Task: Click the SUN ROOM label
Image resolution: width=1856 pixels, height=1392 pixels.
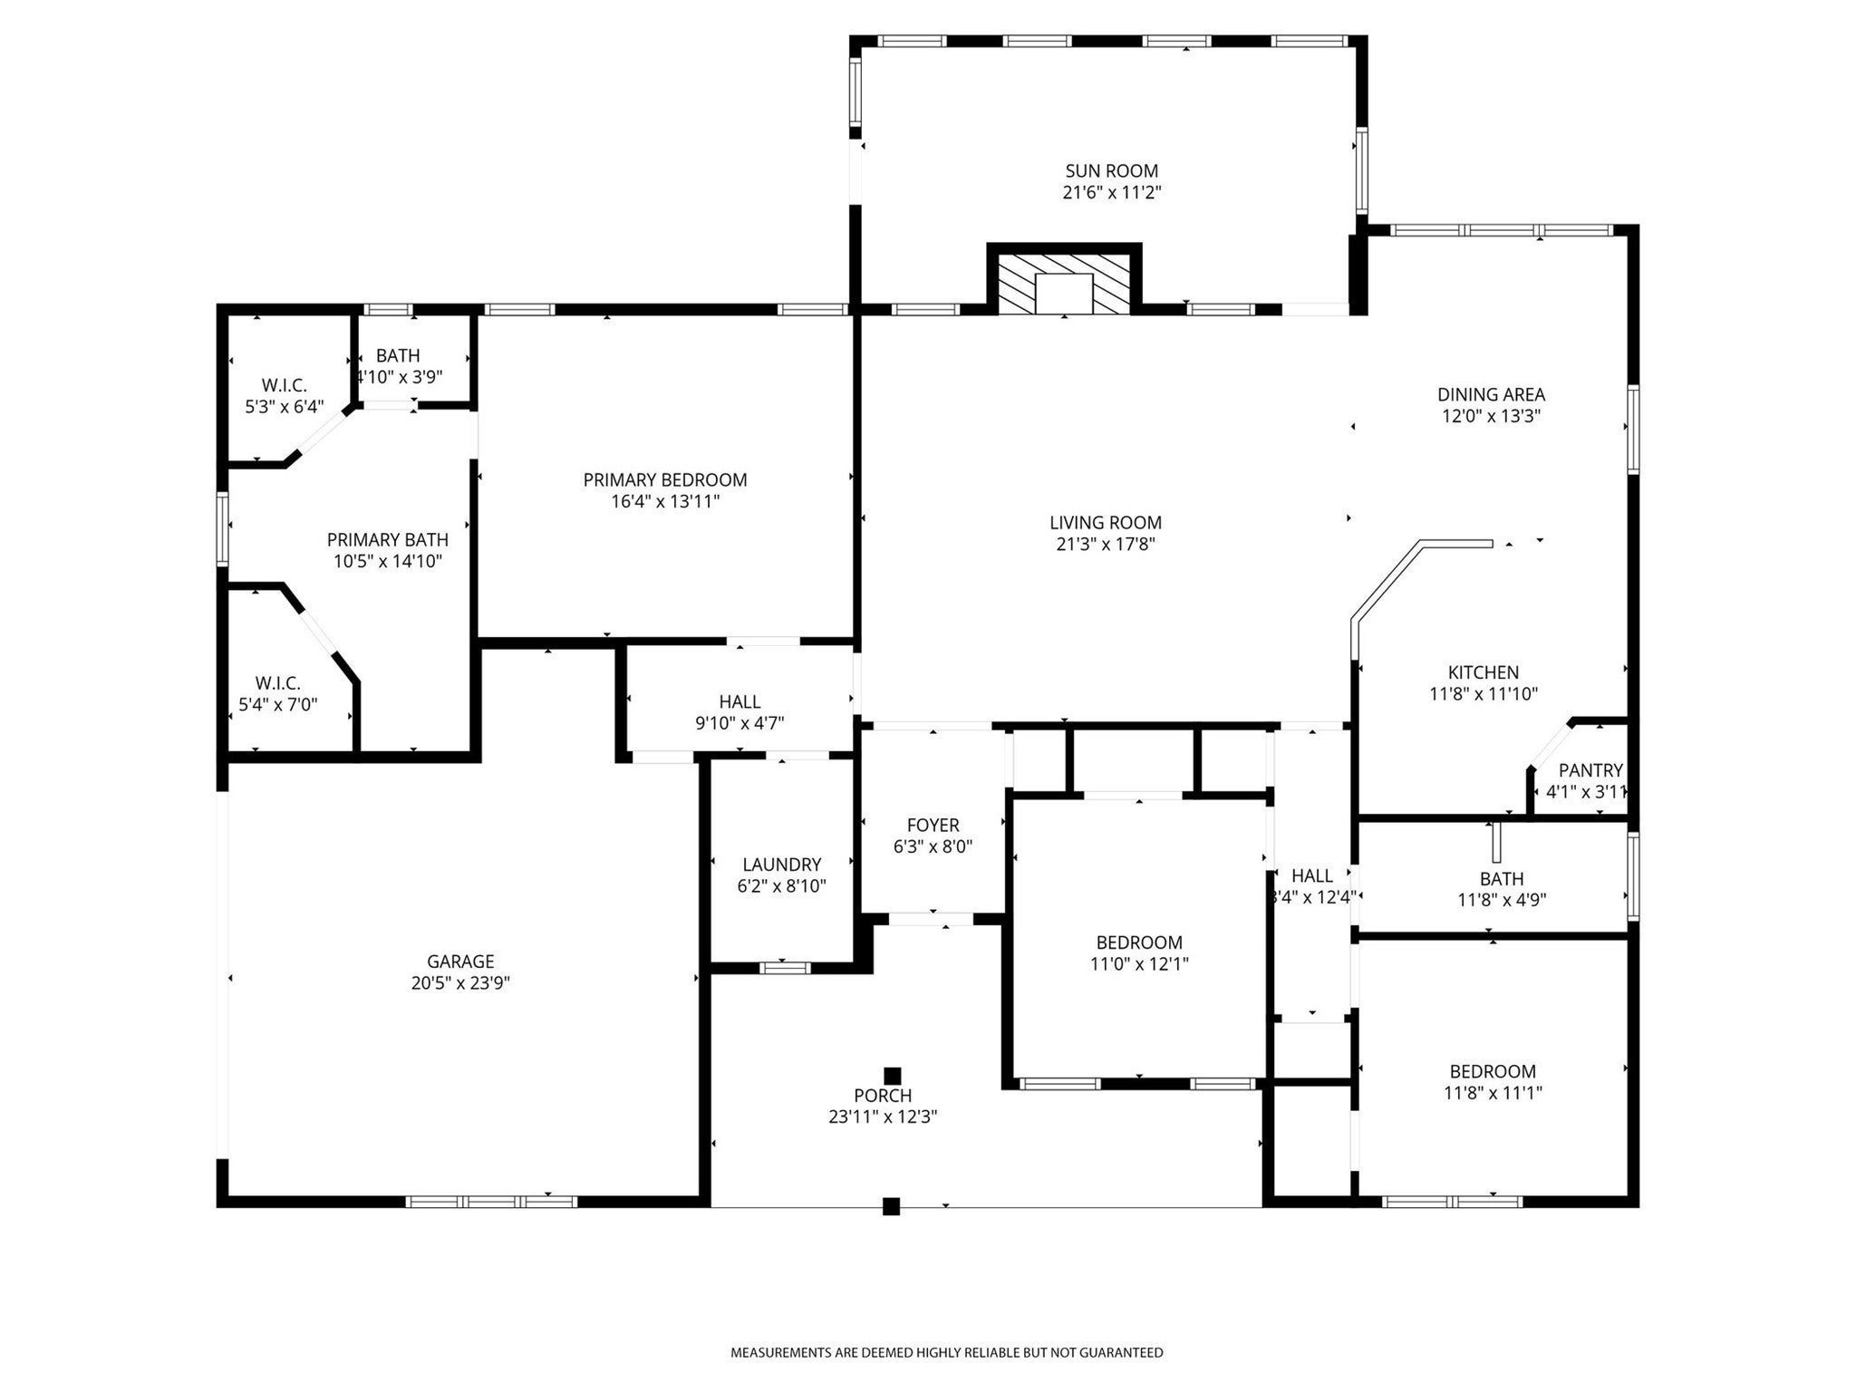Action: click(1111, 171)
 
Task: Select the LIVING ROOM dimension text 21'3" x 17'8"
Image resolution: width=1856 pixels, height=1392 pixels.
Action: click(1105, 545)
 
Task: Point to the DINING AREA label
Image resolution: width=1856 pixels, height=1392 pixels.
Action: click(1491, 394)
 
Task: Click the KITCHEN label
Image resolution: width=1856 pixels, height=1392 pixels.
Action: click(1483, 672)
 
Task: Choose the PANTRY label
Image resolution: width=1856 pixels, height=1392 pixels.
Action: click(1590, 770)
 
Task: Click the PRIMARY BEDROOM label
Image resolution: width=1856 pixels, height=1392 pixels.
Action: click(664, 480)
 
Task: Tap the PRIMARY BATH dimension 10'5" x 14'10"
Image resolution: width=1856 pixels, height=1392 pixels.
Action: click(387, 562)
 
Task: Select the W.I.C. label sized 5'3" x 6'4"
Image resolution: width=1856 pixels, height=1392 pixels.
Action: click(284, 385)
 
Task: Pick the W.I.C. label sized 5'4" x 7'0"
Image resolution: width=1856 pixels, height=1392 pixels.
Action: click(277, 683)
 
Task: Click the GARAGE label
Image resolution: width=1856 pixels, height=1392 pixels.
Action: click(460, 962)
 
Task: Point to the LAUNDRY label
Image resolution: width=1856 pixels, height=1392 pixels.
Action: click(781, 865)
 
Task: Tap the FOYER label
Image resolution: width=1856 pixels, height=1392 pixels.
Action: click(933, 826)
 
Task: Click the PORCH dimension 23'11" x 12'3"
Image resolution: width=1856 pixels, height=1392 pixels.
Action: click(882, 1117)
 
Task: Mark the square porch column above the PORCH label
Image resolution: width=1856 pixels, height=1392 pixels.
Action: click(893, 1075)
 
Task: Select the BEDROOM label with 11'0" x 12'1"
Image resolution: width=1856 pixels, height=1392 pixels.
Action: click(1139, 942)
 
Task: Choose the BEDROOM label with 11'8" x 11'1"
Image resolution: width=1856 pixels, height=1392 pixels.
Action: click(1493, 1071)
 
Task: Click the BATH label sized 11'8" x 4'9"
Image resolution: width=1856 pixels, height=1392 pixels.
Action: click(1502, 879)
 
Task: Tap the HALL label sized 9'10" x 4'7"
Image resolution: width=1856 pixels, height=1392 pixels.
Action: click(739, 701)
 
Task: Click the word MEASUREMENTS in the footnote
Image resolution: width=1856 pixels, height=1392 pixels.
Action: click(780, 1353)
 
